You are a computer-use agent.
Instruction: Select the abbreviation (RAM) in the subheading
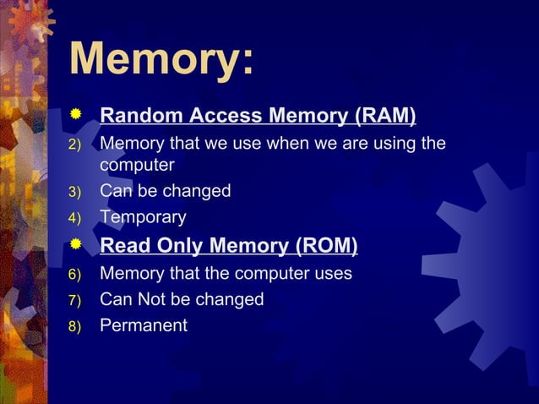click(384, 115)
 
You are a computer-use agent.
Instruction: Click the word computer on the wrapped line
click(137, 165)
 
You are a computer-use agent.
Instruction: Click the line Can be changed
click(166, 191)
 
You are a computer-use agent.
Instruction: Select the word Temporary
click(144, 217)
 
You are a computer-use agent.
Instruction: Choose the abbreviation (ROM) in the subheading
click(325, 247)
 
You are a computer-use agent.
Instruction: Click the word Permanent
click(144, 325)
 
